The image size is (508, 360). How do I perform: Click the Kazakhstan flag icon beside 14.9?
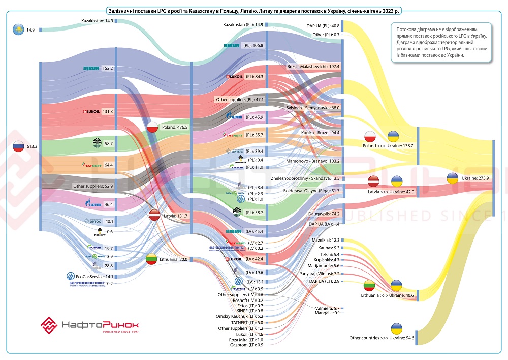pyautogui.click(x=18, y=30)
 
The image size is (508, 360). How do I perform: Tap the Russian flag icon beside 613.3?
pyautogui.click(x=18, y=146)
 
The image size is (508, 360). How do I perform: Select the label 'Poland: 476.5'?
pyautogui.click(x=175, y=127)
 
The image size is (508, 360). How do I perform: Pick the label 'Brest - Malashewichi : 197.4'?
pyautogui.click(x=313, y=67)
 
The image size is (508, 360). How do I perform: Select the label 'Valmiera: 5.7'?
pyautogui.click(x=328, y=308)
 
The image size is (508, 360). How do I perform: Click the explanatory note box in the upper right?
pyautogui.click(x=441, y=43)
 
